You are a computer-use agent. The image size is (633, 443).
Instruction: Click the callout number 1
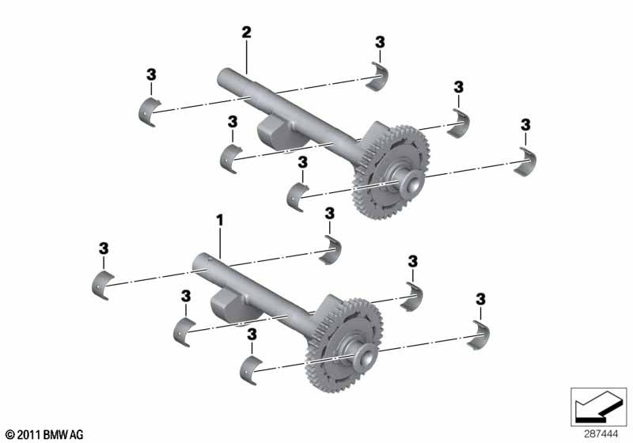coord(220,220)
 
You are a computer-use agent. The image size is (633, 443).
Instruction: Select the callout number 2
coord(246,32)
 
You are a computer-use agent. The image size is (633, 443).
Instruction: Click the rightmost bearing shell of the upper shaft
coord(526,162)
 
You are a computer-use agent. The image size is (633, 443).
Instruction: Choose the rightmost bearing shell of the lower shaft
coord(479,335)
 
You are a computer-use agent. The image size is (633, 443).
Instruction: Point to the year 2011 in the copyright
coord(29,434)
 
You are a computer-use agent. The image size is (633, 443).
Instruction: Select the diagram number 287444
coord(601,434)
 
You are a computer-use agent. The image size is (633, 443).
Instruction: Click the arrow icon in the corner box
coord(597,407)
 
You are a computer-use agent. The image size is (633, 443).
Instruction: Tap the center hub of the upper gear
coord(411,184)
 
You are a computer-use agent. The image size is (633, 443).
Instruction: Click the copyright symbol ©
coord(10,435)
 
